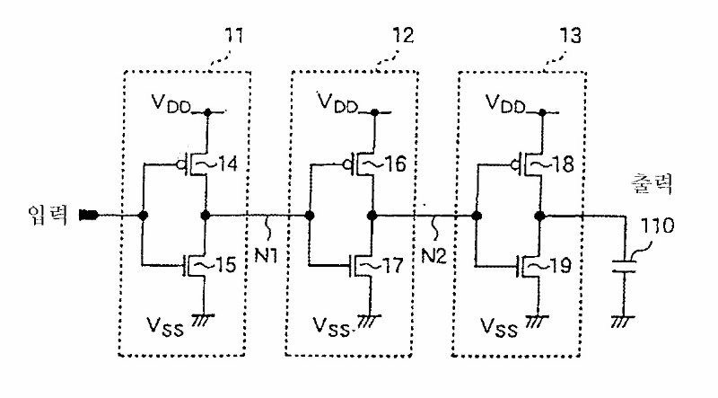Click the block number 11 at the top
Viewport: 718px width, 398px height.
233,35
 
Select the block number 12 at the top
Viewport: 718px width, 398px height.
403,35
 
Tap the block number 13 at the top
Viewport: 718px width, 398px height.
571,35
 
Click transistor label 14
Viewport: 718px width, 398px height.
228,164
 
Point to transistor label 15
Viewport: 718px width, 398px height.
226,264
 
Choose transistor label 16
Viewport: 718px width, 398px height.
395,164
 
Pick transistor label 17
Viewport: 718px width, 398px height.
393,266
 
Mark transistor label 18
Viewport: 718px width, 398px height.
563,164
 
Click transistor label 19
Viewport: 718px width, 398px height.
560,266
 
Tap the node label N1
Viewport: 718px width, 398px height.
266,255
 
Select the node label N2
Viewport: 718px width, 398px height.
433,255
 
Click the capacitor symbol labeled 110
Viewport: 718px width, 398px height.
624,268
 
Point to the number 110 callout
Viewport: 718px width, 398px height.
657,226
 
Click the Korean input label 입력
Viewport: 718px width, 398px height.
48,215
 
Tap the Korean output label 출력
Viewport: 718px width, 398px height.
652,183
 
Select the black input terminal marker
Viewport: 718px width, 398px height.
88,215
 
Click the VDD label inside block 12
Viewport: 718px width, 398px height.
338,102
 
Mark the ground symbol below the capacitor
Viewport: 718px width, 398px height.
623,321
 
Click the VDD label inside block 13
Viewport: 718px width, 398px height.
505,102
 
